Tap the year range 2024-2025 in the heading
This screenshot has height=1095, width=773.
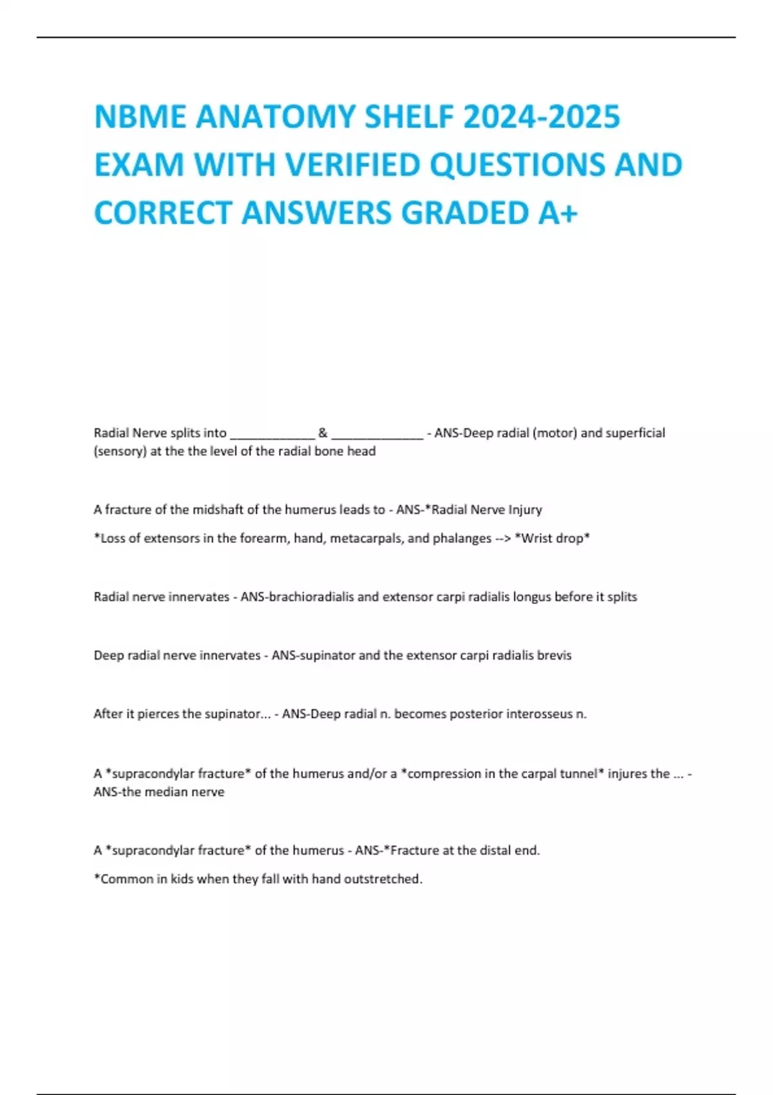coord(541,117)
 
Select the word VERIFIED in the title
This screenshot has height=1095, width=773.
coord(353,165)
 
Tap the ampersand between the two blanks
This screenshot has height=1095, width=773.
coord(323,433)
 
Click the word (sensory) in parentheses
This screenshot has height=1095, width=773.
coord(120,451)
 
